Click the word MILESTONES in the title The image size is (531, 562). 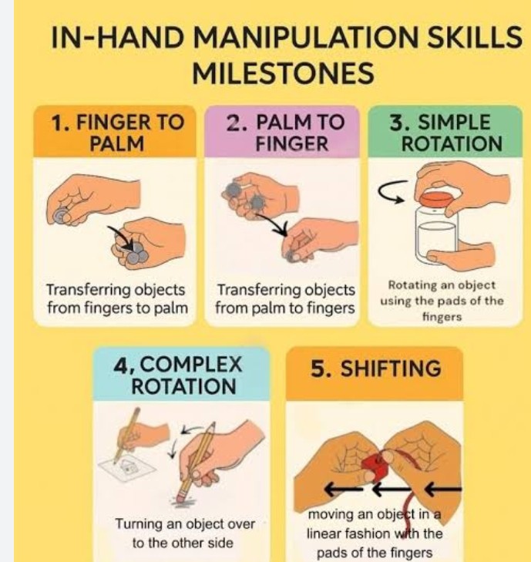(283, 73)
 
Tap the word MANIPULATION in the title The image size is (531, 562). (307, 37)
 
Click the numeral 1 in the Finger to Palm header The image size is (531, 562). (57, 123)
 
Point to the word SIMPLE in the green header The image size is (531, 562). (454, 123)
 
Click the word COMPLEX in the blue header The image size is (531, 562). (190, 365)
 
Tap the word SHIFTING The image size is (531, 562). (390, 368)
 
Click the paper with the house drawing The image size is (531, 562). (127, 466)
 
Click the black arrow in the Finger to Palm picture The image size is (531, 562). (120, 237)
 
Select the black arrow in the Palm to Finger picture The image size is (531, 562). (272, 224)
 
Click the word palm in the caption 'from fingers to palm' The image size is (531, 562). (171, 308)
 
